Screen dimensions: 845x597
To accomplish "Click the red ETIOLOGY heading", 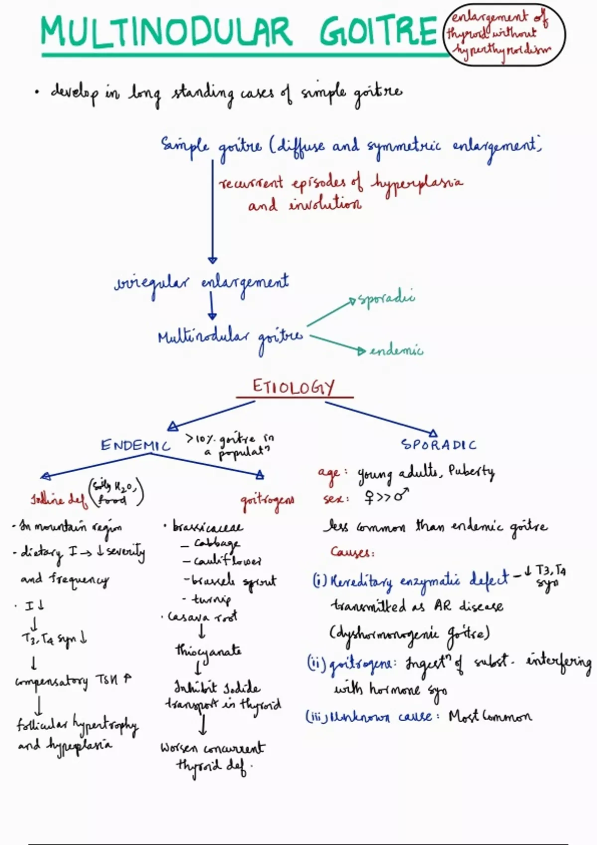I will point(294,387).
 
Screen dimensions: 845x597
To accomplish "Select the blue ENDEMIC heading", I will point(135,445).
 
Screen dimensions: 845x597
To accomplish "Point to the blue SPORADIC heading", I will point(439,444).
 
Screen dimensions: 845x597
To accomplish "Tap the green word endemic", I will point(397,351).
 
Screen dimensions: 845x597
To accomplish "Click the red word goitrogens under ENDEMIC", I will point(267,500).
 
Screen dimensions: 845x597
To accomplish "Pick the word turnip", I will point(212,599).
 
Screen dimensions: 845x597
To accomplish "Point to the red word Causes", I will point(352,552).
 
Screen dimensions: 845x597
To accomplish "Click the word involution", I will point(325,204).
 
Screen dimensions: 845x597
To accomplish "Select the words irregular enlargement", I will point(201,283).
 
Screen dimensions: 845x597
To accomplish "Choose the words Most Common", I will point(490,716).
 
